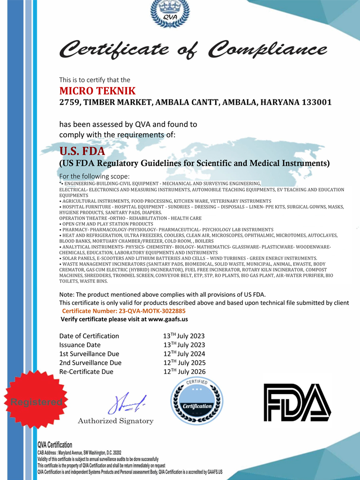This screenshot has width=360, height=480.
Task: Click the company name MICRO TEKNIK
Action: tap(98, 91)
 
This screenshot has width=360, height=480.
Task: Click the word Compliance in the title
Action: tap(269, 49)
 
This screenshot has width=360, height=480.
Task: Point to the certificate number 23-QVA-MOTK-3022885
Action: tap(152, 311)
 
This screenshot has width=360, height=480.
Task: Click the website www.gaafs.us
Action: tap(168, 319)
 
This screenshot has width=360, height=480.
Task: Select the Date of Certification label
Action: tap(89, 336)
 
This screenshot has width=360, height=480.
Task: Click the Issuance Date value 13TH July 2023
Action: tap(184, 345)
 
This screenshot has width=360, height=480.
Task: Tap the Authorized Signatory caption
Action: tap(115, 421)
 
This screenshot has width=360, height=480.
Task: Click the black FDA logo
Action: tap(297, 401)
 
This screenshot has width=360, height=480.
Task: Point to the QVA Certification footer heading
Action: tap(55, 445)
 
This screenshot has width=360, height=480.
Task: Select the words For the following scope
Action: tap(94, 176)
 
